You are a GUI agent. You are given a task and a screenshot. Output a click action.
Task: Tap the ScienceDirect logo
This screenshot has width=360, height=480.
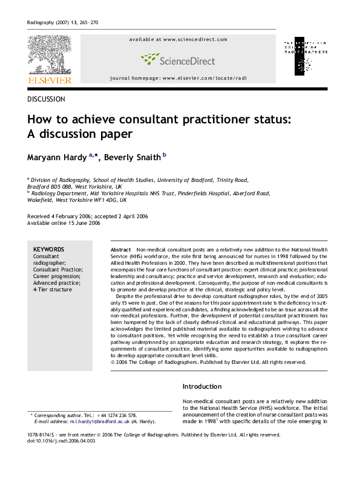[178, 59]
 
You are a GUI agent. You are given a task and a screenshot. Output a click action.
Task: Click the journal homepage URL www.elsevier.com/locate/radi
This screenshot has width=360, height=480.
[205, 79]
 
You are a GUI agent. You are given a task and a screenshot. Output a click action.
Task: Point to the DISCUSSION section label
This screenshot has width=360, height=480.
[47, 99]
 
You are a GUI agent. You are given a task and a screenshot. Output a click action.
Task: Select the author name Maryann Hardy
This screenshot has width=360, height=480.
[57, 158]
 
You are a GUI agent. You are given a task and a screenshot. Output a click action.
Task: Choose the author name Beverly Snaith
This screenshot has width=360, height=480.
[133, 158]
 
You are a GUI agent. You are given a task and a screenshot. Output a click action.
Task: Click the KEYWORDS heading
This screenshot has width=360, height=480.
[48, 250]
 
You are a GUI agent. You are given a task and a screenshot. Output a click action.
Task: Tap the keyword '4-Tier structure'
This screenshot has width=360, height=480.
[52, 290]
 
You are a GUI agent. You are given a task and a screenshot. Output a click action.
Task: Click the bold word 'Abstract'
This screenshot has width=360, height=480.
[121, 250]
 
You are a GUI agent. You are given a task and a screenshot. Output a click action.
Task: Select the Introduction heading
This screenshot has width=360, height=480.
[203, 386]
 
